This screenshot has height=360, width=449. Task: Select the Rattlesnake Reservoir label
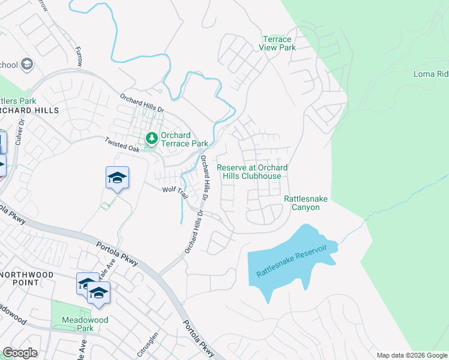292,260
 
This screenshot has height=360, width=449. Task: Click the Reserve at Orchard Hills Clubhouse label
252,172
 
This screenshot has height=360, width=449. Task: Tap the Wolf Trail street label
176,189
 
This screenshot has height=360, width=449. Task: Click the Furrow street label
78,57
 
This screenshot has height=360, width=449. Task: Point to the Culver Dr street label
21,130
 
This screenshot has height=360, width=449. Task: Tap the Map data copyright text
411,355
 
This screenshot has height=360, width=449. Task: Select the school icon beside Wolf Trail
118,178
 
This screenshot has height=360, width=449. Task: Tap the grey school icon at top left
26,64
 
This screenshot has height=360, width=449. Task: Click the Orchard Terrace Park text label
184,139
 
